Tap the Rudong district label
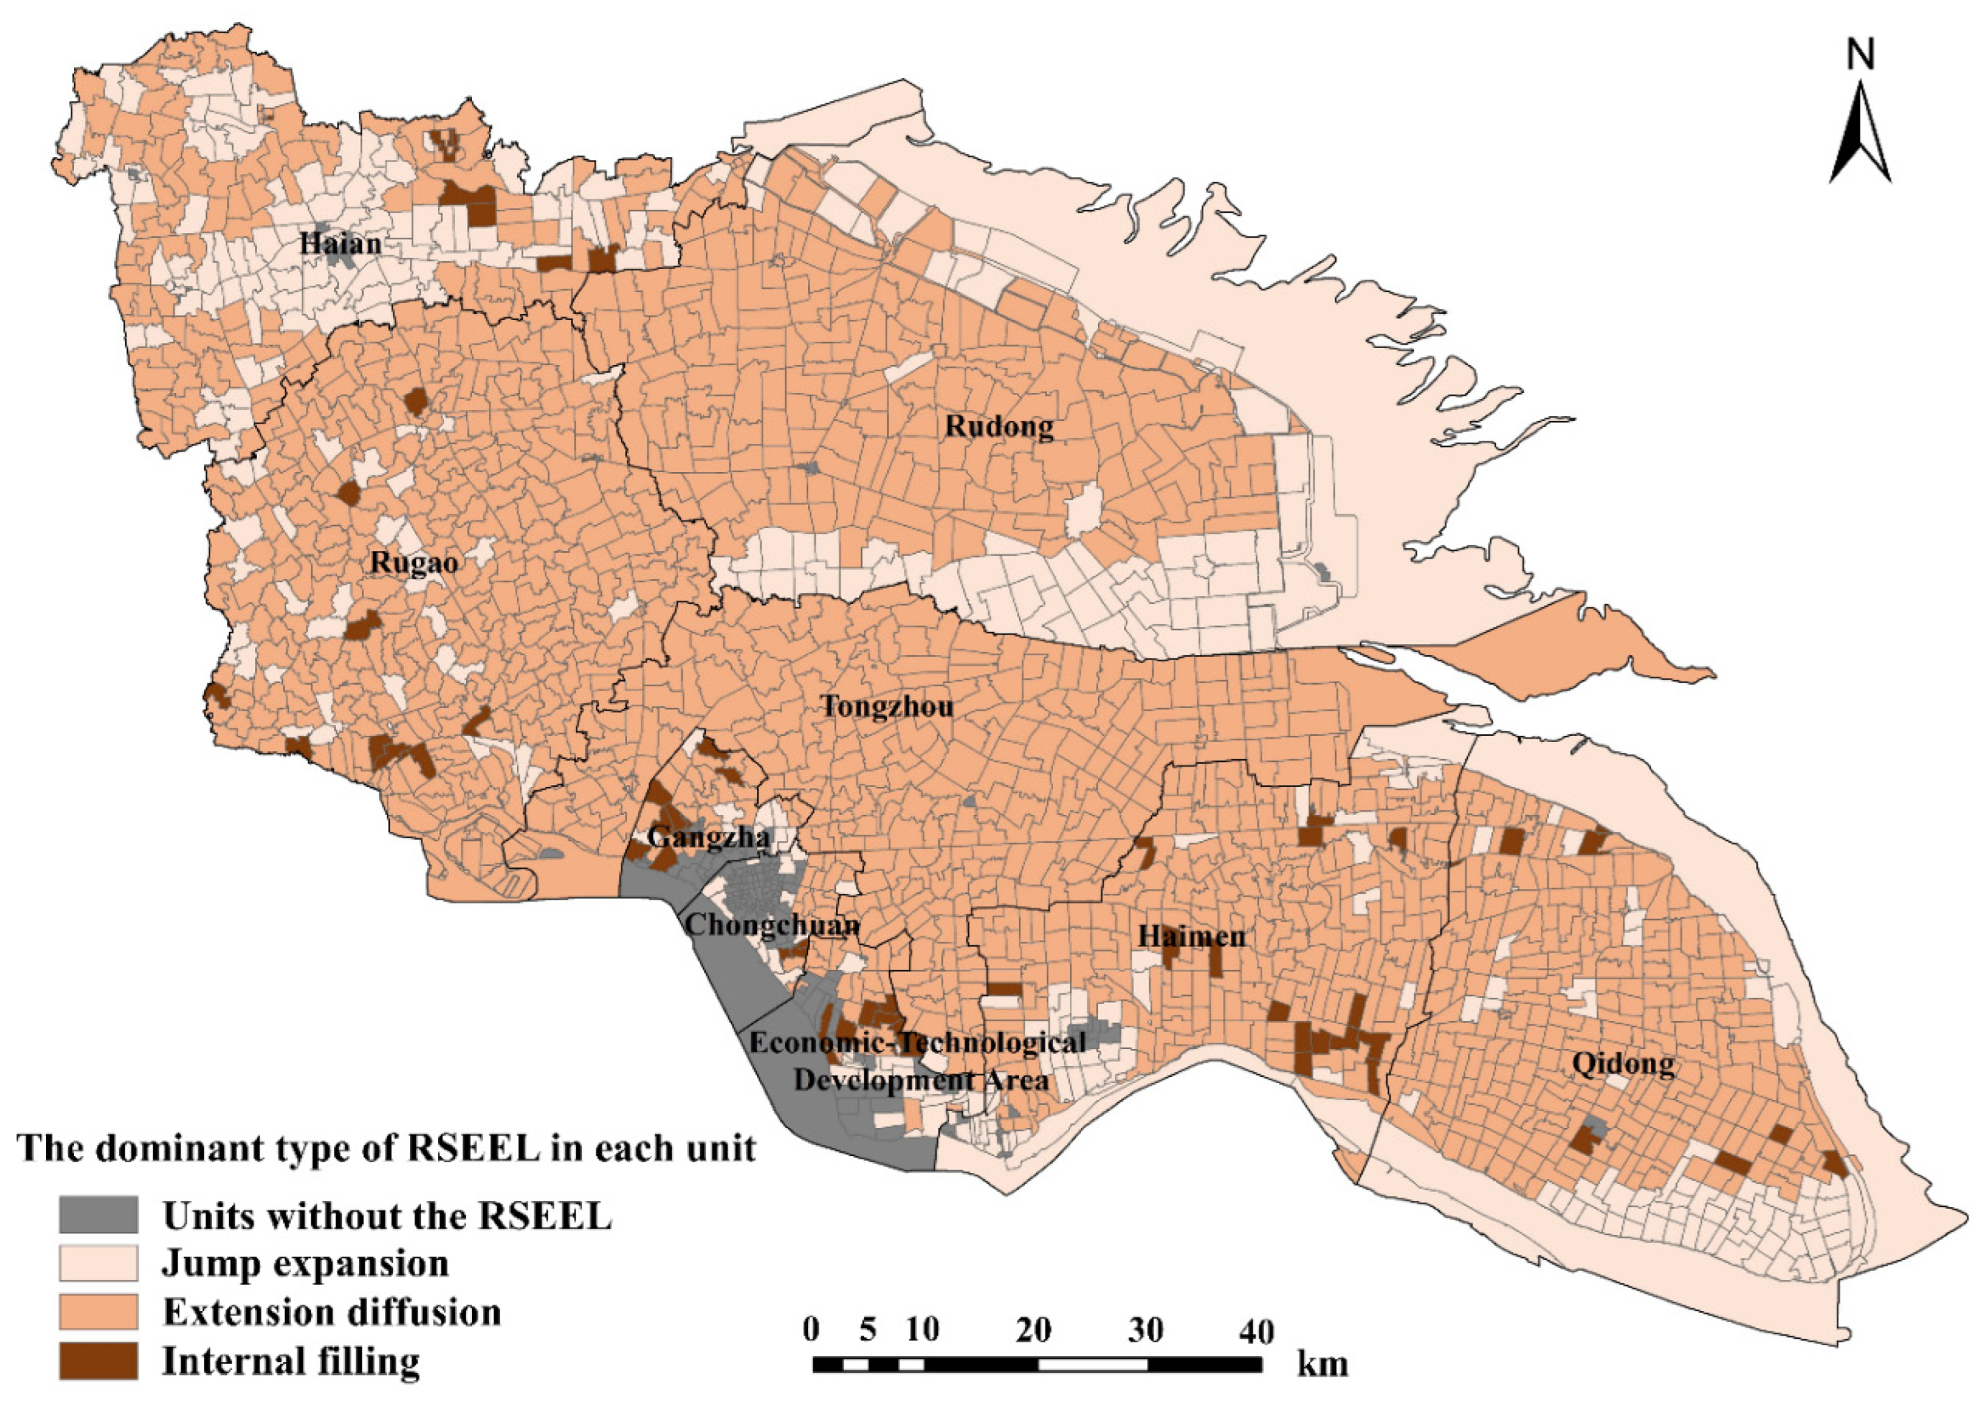click(x=999, y=426)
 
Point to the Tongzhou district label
click(x=888, y=706)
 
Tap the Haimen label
click(x=1192, y=936)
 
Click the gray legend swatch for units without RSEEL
click(x=99, y=1215)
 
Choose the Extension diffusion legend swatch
click(x=99, y=1312)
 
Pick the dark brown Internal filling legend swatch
click(x=99, y=1361)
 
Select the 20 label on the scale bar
click(x=1033, y=1331)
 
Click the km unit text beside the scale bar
click(x=1321, y=1364)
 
